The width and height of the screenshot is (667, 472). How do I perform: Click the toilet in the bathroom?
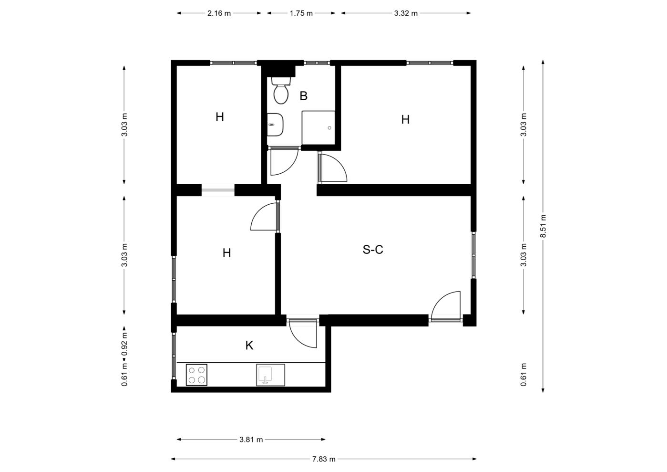281,90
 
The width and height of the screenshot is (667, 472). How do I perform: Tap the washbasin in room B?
275,125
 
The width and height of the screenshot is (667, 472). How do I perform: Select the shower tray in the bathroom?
318,128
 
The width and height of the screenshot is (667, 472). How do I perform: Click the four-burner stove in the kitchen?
196,375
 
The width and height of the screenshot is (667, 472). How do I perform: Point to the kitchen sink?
270,375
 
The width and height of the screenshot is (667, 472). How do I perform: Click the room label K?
249,346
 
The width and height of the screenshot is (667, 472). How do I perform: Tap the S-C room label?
373,250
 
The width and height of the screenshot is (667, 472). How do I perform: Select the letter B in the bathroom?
303,96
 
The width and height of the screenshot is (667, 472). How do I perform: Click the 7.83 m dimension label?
324,459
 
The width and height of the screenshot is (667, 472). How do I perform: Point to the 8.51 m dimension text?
543,226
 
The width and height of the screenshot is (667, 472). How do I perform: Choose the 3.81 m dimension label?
251,440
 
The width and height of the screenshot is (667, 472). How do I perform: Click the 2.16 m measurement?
219,13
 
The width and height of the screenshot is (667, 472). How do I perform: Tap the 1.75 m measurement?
301,13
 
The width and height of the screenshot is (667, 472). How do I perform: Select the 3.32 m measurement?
406,13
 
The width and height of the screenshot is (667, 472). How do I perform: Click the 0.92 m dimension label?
124,344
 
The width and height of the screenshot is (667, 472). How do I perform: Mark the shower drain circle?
329,128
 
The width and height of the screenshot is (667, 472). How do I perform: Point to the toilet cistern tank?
281,81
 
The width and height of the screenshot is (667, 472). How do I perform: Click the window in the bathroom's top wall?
317,63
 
